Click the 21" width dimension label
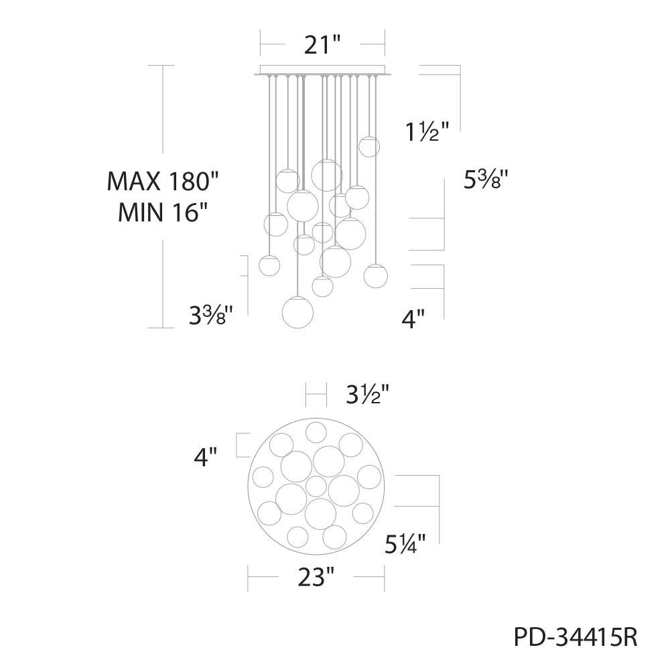click(323, 44)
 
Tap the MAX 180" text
click(163, 181)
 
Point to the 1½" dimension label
click(427, 131)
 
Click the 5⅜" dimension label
click(486, 180)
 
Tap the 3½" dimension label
click(367, 395)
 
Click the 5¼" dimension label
click(405, 544)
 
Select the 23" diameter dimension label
click(316, 578)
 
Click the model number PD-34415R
click(576, 638)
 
